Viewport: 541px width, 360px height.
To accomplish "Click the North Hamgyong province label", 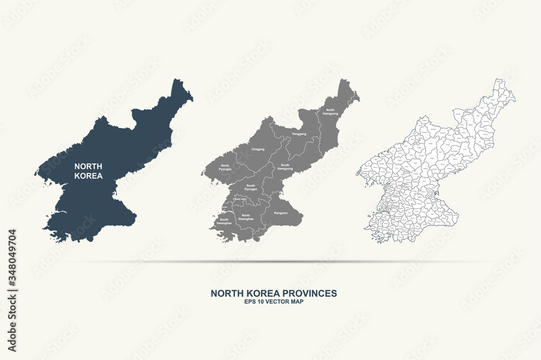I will pos(329,112).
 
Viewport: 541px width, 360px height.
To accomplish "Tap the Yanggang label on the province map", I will pos(299,134).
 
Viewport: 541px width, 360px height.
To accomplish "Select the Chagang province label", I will pos(258,148).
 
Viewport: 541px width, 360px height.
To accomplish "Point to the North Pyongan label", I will pos(226,167).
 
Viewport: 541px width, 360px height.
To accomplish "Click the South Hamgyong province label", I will pos(285,167).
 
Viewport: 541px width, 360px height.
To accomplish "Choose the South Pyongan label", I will pos(250,187).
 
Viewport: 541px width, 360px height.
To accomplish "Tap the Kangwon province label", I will pos(281,213).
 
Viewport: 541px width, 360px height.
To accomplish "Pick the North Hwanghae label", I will pos(246,217).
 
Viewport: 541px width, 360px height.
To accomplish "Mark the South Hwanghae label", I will pos(224,221).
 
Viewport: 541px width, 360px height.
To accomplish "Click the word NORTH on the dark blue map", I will pos(89,166).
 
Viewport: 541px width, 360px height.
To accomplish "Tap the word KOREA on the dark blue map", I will pos(89,176).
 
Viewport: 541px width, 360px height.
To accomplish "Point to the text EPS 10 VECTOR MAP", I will pos(274,302).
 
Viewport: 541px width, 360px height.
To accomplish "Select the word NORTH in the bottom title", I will pos(226,293).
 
